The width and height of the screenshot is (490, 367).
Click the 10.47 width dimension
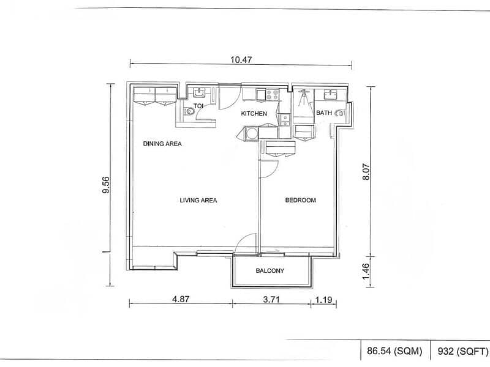click(241, 59)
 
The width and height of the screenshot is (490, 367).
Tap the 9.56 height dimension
click(106, 185)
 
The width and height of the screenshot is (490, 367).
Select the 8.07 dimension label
click(366, 172)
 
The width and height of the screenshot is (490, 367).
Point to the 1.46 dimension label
click(366, 272)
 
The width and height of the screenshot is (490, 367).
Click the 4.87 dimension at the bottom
click(181, 299)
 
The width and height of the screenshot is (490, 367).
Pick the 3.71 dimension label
click(271, 300)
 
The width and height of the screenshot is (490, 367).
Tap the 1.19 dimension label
click(323, 300)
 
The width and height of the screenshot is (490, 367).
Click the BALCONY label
click(270, 270)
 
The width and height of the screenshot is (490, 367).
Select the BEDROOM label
click(300, 200)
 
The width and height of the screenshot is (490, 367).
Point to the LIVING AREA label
click(198, 200)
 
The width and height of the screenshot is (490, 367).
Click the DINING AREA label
click(162, 144)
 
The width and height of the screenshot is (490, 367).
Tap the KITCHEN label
click(254, 114)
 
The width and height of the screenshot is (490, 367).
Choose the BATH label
click(324, 113)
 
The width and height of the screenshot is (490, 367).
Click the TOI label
click(198, 106)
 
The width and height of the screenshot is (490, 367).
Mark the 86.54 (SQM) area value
click(394, 351)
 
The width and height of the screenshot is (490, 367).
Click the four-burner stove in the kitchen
click(272, 95)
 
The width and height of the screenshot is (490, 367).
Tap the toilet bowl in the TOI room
click(189, 112)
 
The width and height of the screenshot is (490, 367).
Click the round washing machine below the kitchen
click(251, 133)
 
